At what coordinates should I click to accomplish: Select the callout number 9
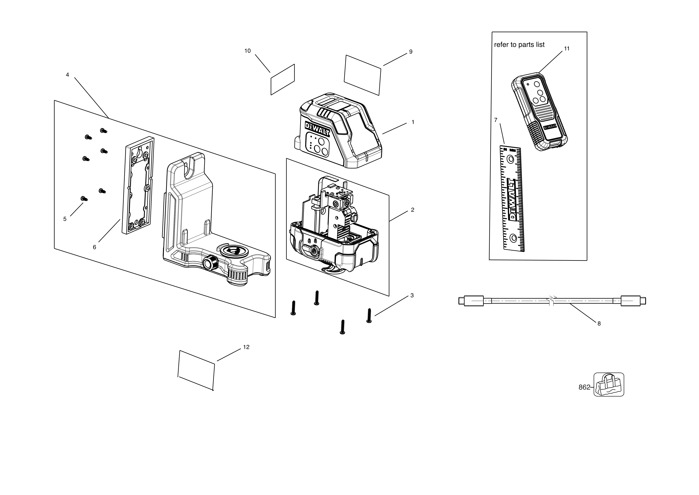411,52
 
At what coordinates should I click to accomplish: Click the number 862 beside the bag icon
584,387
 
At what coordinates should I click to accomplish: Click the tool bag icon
609,385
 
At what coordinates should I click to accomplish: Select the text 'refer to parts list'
519,45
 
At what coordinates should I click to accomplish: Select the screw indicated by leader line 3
369,315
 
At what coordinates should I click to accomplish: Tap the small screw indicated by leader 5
84,199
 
